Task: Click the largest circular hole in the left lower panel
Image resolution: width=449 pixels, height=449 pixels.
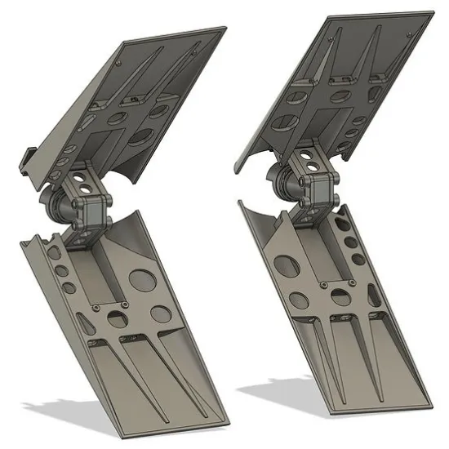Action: [x=142, y=280]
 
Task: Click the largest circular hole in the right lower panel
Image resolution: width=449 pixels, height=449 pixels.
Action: [x=286, y=265]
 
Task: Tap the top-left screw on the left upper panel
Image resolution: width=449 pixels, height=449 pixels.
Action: [x=119, y=62]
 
